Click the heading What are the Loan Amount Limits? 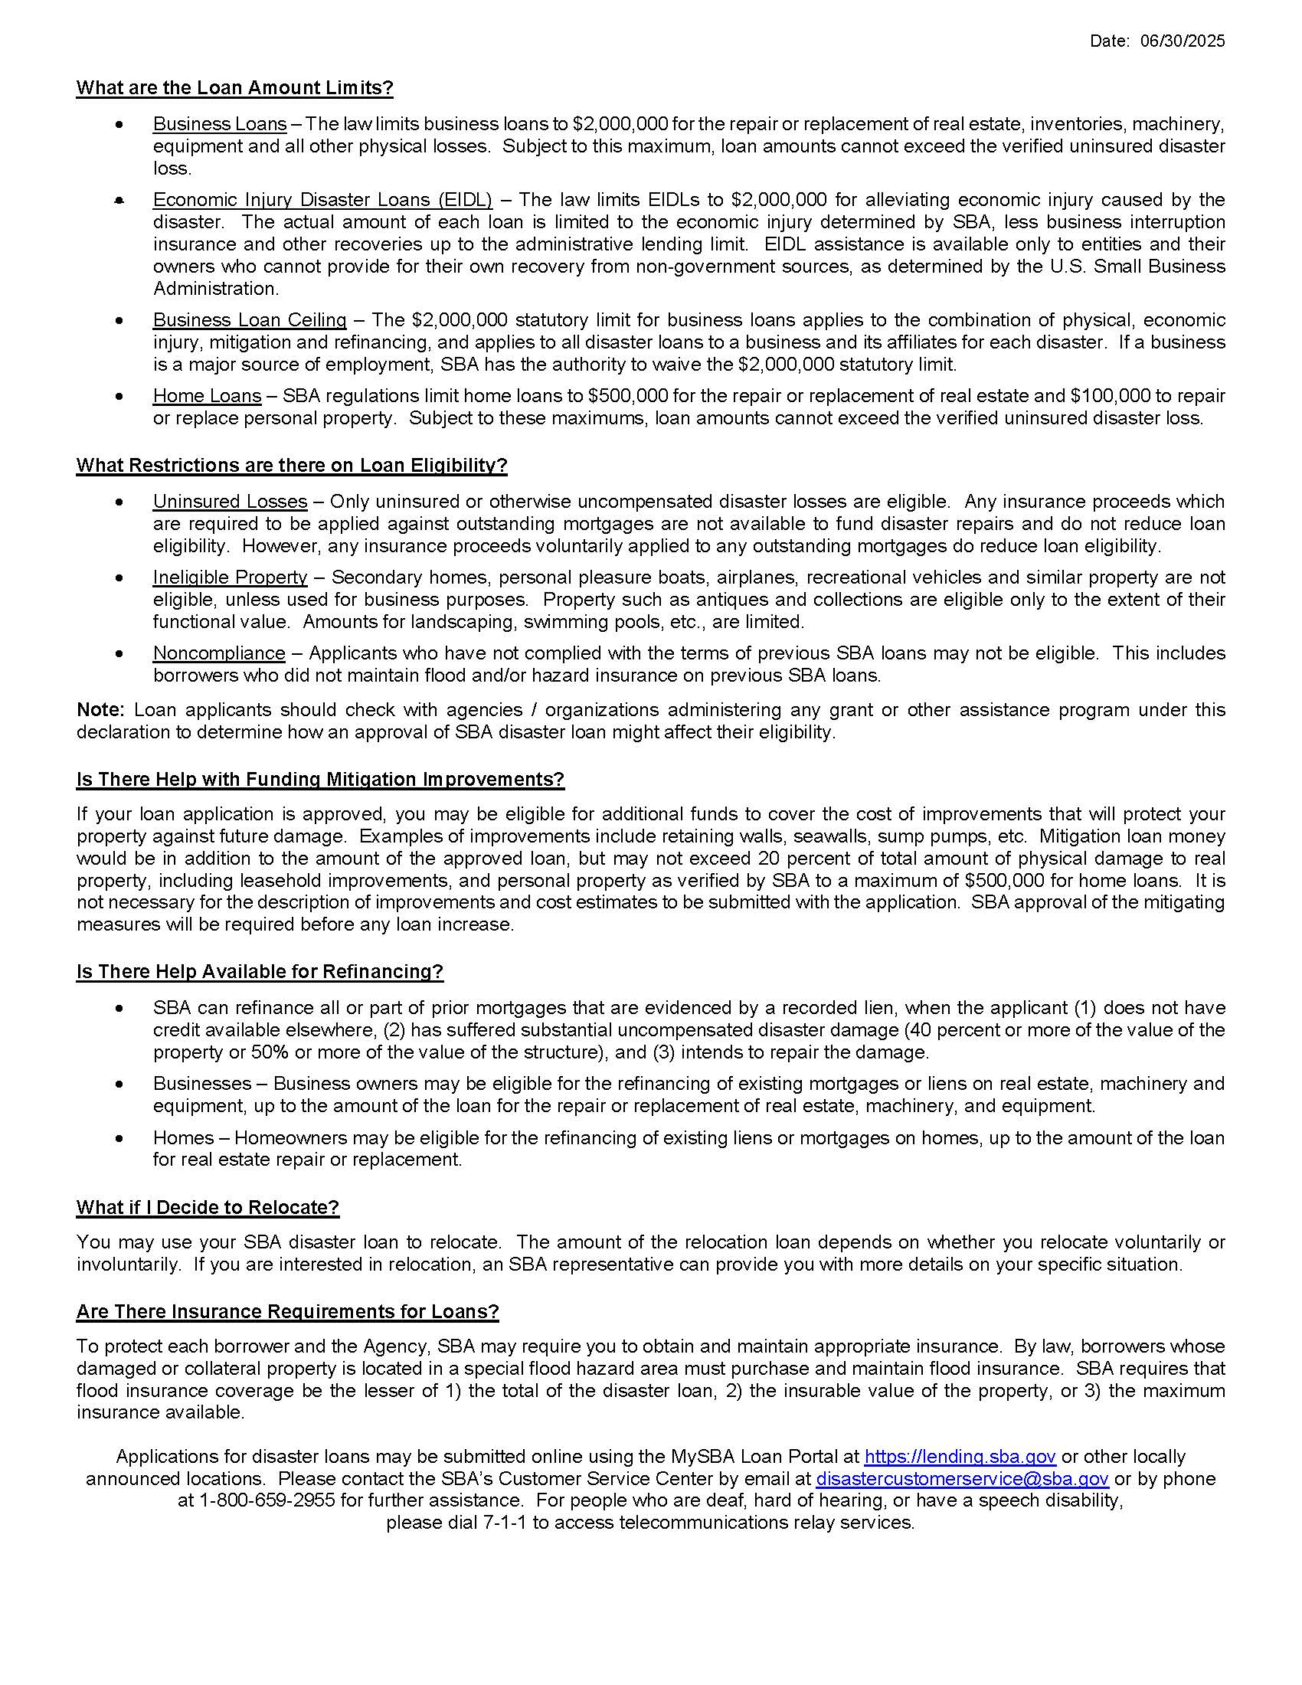234,88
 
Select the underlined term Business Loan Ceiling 250,320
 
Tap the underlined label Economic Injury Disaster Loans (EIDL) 322,200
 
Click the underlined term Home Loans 207,396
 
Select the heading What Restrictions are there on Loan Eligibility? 292,466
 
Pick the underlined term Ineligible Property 230,577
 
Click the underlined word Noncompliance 219,653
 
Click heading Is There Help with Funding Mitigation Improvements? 320,779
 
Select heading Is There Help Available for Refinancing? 260,971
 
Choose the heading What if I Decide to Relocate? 208,1207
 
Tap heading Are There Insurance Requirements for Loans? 288,1311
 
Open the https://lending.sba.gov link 960,1457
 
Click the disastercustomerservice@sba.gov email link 962,1479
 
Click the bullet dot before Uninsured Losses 119,502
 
